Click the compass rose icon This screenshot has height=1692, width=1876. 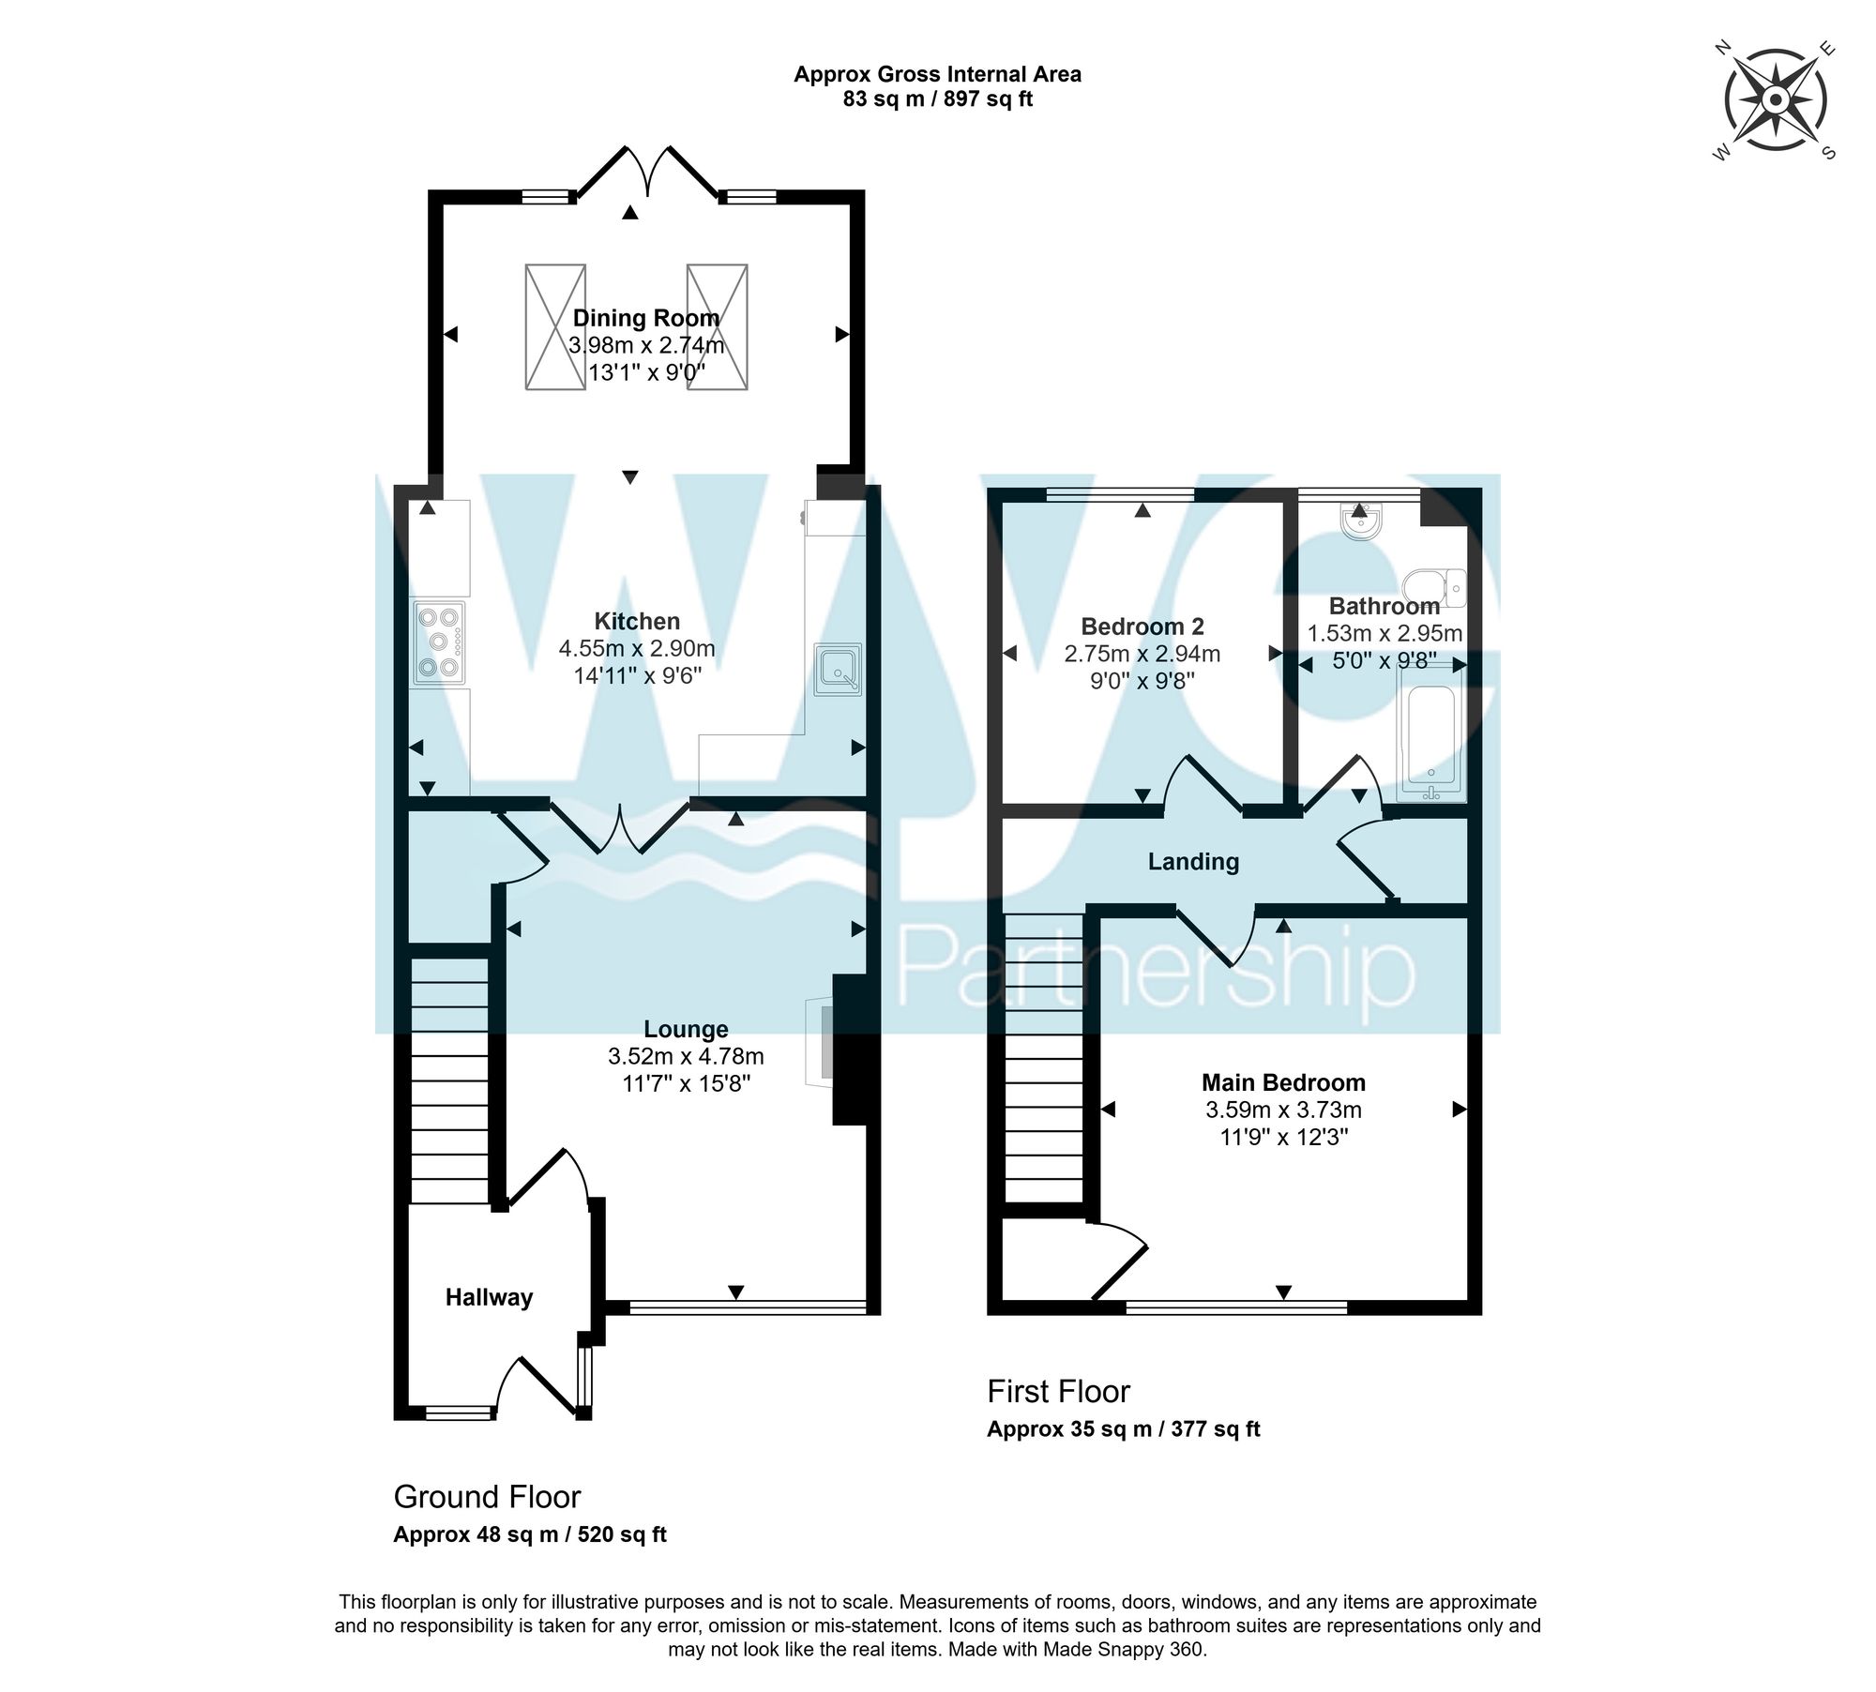(1776, 100)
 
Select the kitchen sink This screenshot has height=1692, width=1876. (838, 670)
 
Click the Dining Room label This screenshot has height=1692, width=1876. (646, 318)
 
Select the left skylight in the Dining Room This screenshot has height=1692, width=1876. (555, 326)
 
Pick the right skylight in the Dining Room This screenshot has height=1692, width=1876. (718, 326)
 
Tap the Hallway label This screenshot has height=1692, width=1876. (489, 1297)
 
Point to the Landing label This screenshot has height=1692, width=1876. (1193, 861)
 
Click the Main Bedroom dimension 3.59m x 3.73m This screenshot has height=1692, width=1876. (1283, 1110)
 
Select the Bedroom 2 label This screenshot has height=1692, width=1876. (1142, 627)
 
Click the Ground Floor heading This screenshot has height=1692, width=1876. (487, 1496)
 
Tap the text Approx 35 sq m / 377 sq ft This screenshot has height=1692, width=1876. (1123, 1429)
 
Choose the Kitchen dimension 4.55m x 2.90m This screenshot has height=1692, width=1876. (637, 648)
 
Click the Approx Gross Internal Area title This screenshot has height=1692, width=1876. (937, 74)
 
